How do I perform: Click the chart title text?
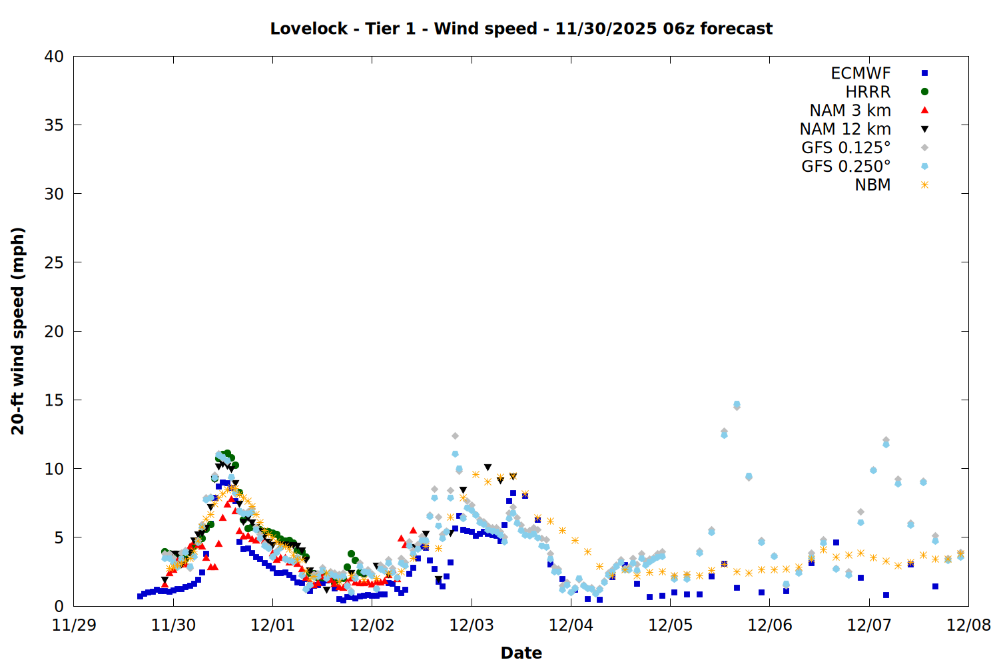(521, 29)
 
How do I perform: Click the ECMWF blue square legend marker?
(924, 73)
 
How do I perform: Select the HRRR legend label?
(868, 92)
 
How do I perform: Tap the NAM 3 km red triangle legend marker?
(924, 110)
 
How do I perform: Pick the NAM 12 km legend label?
(845, 129)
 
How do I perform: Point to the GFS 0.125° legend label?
(846, 148)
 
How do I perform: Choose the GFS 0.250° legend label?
(846, 166)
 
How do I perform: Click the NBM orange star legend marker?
(924, 185)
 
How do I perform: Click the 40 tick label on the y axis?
(54, 57)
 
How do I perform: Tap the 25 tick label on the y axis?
(54, 262)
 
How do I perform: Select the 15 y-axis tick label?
(54, 400)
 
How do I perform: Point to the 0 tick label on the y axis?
(59, 606)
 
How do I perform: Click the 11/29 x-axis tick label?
(74, 625)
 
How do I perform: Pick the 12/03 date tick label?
(472, 625)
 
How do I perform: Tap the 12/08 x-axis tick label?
(968, 625)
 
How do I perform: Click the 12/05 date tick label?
(670, 625)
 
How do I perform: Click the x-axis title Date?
(521, 653)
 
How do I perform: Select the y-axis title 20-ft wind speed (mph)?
(18, 331)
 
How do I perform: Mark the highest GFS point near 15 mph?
(737, 405)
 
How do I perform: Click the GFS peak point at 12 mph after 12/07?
(886, 442)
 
